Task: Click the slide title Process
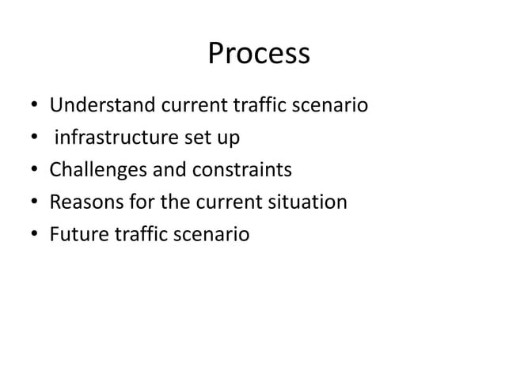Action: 258,54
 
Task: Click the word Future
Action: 75,235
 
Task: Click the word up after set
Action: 230,138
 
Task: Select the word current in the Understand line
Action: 189,105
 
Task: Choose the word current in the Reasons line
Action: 229,202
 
